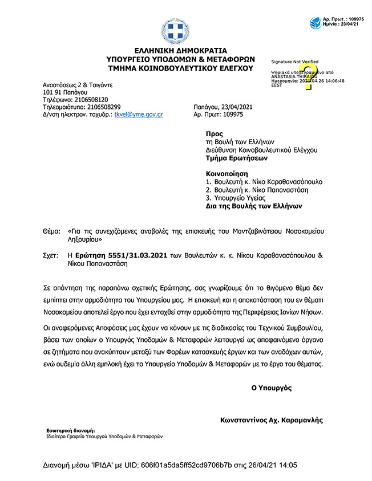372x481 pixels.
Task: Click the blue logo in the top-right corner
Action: pos(315,23)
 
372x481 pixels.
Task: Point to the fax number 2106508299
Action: pos(101,107)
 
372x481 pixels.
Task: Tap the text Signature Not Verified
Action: pos(294,62)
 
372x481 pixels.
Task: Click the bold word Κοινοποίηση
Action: pos(228,173)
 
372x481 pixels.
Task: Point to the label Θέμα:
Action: pos(51,232)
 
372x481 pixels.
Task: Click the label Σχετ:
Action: pos(51,256)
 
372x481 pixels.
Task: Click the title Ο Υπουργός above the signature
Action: pos(272,388)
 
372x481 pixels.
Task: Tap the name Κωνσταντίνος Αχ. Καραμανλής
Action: pos(272,420)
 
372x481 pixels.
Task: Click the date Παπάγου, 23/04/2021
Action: pos(221,107)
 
